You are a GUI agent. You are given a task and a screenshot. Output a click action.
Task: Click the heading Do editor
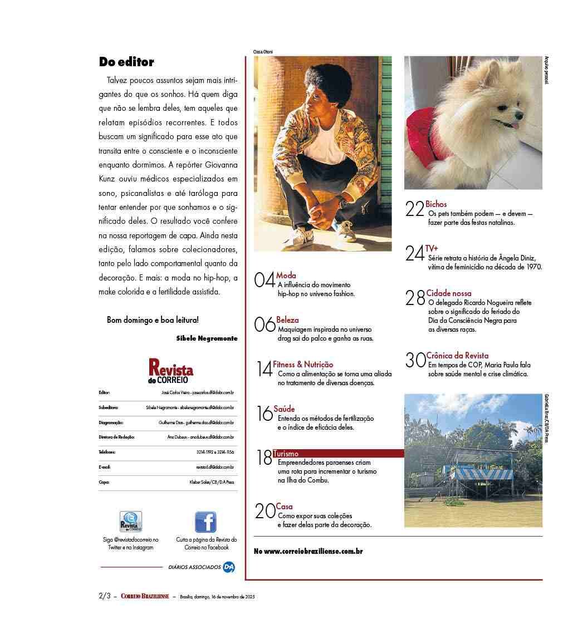126,62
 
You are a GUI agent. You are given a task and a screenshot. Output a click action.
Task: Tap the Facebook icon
205,522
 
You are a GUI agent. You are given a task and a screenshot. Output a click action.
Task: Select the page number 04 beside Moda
265,279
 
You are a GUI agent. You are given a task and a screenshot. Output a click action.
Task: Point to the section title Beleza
287,320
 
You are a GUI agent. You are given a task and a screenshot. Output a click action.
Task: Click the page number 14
265,368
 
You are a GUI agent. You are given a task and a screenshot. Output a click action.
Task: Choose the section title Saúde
284,409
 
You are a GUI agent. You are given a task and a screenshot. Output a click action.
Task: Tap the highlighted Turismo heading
286,454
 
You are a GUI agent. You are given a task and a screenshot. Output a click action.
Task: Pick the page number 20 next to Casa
265,511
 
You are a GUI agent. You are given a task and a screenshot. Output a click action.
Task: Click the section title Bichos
436,204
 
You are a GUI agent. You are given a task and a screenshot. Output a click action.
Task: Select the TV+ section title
432,248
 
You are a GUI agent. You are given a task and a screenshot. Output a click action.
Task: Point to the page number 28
415,298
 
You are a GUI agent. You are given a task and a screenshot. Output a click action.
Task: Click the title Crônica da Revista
457,356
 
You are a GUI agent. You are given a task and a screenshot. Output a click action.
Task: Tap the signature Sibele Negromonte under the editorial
207,338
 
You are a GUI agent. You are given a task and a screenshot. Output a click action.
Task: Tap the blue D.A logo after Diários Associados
228,567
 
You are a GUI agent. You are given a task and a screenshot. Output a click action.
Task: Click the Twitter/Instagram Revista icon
131,522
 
